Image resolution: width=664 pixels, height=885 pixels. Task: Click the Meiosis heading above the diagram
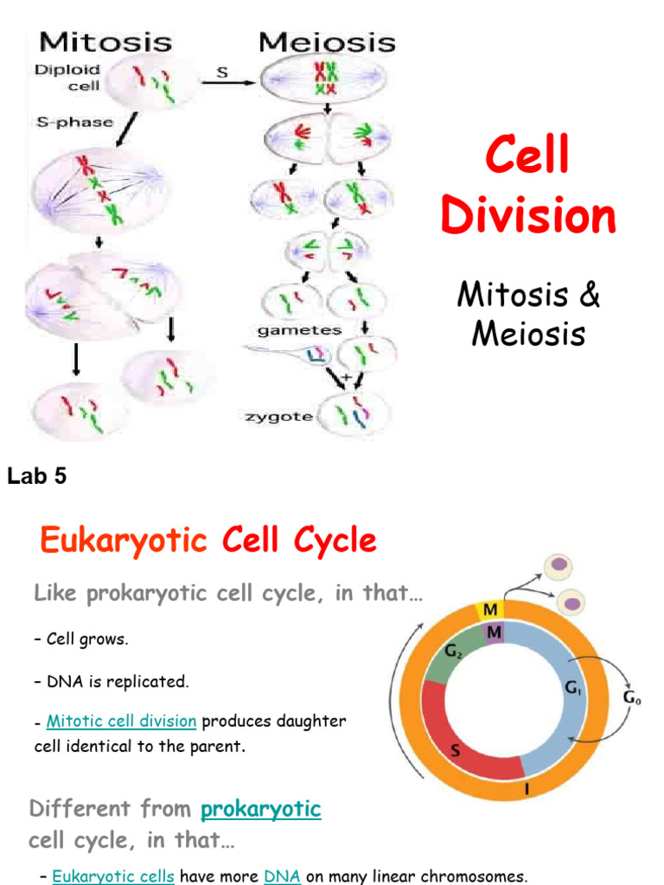327,41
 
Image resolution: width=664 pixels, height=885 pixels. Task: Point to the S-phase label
74,122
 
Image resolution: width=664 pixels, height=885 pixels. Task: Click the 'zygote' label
278,417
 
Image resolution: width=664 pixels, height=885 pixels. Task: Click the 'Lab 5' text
37,475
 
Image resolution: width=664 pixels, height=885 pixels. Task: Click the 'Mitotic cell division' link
121,722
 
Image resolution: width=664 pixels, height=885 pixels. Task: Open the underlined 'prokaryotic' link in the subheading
260,810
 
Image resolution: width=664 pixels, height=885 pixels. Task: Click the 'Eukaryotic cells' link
113,876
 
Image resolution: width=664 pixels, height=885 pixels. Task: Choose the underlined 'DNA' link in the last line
282,876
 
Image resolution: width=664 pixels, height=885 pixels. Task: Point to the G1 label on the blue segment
571,688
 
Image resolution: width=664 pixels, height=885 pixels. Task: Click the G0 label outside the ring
632,697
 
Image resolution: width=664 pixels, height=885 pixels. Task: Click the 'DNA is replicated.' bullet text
117,681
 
